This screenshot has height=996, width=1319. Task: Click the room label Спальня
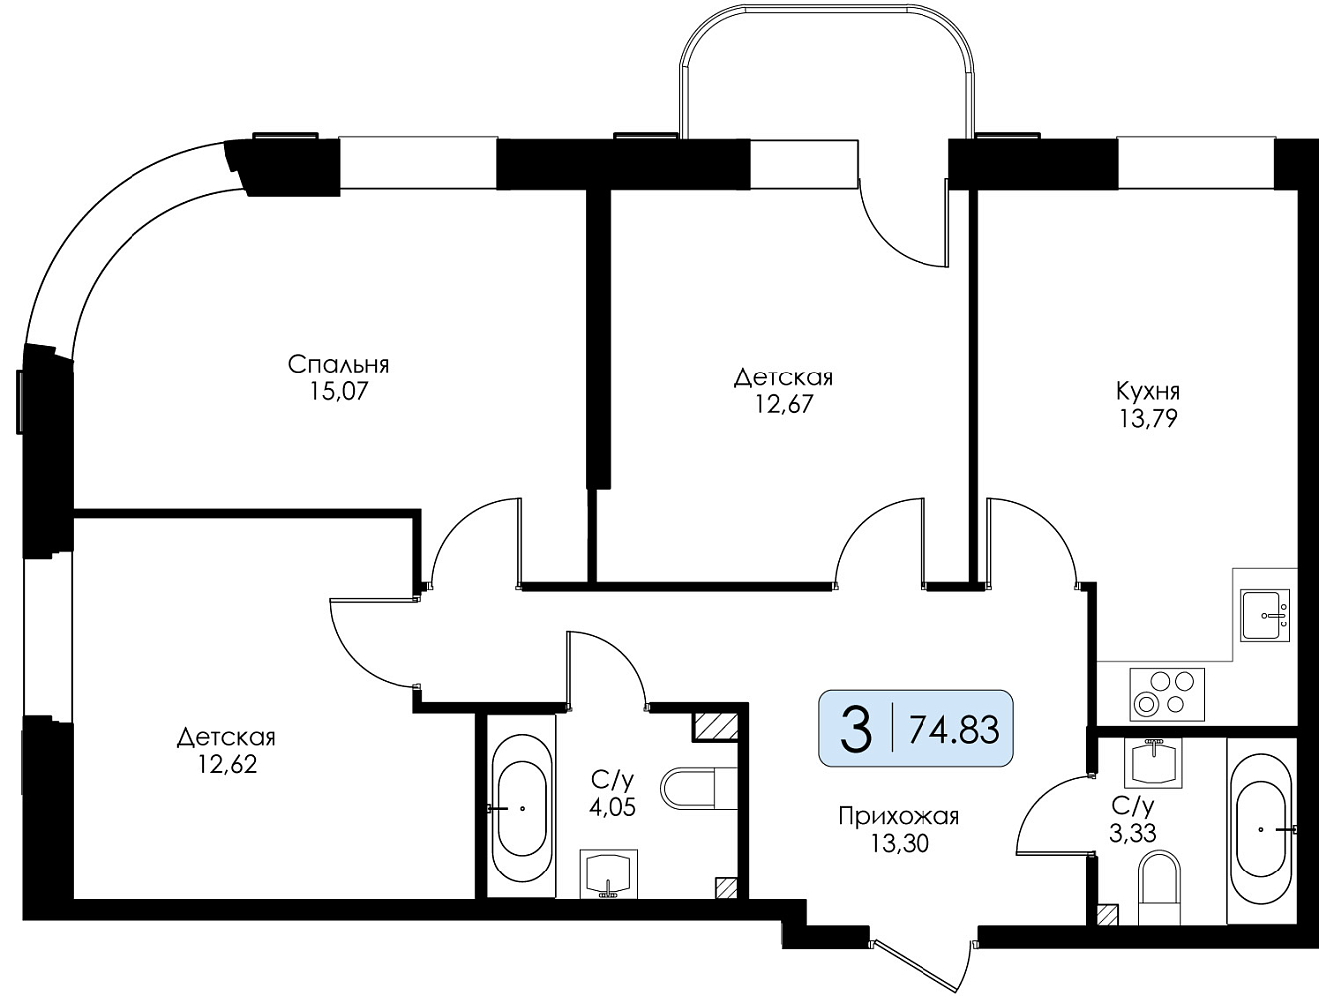tap(339, 365)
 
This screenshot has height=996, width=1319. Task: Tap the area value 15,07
tap(339, 391)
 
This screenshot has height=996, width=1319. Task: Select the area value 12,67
tap(784, 405)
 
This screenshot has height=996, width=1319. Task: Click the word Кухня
tap(1148, 391)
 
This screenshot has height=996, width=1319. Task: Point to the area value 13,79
tap(1148, 418)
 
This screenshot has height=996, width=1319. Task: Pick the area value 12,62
tap(227, 764)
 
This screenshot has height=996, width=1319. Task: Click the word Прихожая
tap(899, 817)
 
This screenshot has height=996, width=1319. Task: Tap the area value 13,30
tap(899, 844)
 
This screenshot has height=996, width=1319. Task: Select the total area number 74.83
tap(953, 730)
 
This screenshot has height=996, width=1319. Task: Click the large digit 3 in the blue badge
tap(855, 729)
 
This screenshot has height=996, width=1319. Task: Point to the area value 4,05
tap(612, 807)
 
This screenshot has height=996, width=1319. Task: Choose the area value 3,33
tap(1132, 834)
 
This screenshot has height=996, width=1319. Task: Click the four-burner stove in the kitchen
tap(1167, 695)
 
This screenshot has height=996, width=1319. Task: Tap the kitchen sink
tap(1266, 616)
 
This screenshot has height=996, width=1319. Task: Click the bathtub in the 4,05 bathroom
tap(522, 809)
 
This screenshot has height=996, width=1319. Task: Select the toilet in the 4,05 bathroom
tap(699, 788)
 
